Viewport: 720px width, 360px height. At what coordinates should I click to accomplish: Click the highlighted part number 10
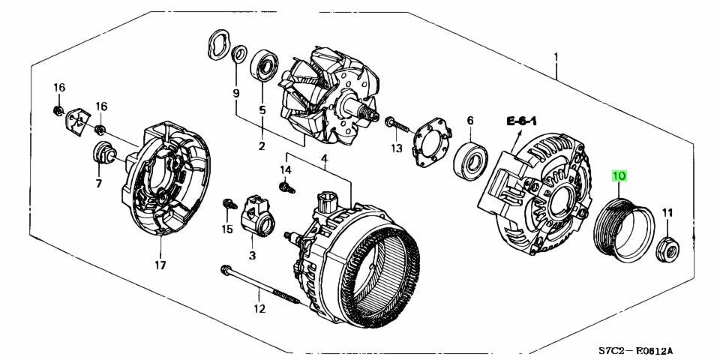619,175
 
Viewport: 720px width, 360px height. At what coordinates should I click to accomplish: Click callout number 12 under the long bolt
259,308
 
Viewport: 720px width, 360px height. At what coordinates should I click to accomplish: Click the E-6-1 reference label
522,121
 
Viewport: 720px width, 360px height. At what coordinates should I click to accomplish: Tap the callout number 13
396,148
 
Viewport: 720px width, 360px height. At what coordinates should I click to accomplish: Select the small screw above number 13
397,125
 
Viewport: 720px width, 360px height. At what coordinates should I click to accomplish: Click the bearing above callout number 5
264,65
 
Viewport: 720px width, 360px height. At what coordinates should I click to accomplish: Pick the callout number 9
236,94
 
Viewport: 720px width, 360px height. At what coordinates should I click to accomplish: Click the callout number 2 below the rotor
262,146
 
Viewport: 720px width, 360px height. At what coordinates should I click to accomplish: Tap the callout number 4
324,159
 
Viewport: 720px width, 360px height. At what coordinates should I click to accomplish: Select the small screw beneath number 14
286,187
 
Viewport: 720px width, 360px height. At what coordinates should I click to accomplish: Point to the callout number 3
252,255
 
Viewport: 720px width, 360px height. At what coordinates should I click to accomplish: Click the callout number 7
99,184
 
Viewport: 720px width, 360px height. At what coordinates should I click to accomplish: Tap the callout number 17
160,265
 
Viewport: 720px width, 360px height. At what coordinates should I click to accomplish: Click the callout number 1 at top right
556,58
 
